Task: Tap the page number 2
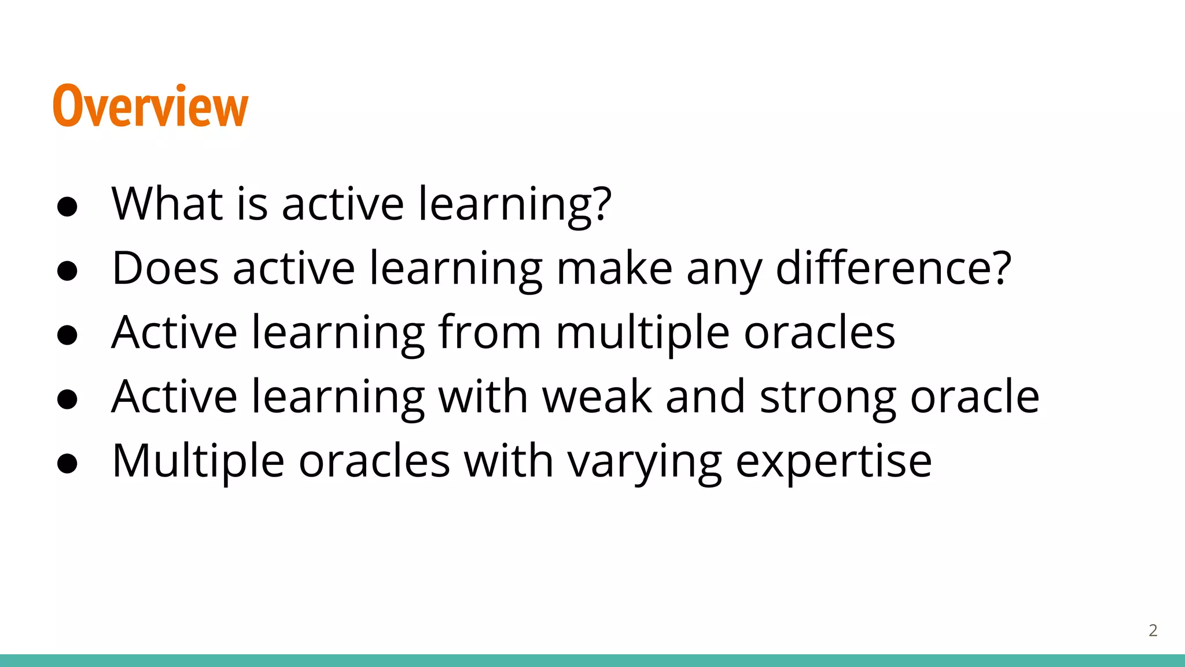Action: (1153, 631)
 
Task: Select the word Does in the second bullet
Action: (165, 268)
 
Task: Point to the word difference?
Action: (893, 268)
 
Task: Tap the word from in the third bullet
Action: (490, 332)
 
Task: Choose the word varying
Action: (644, 462)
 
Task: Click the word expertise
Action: (833, 462)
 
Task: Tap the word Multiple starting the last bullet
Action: (198, 461)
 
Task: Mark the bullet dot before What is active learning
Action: (68, 207)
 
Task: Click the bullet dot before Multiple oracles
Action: (68, 463)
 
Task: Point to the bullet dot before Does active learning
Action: (68, 271)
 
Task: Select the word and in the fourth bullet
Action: (705, 397)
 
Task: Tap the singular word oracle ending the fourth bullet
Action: (974, 397)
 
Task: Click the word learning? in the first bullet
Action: (514, 205)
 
